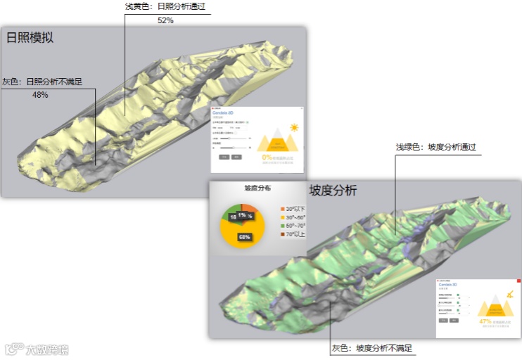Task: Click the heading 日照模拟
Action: [30, 38]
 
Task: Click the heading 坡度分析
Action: [333, 191]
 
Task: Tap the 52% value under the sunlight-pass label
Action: [165, 20]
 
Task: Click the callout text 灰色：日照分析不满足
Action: [42, 82]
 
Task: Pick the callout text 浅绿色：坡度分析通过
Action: [436, 147]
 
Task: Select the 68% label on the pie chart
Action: [246, 237]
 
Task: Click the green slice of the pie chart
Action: [229, 215]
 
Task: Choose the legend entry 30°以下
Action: [293, 209]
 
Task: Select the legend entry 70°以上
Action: [293, 235]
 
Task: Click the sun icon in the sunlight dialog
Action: [293, 128]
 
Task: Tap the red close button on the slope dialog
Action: [518, 281]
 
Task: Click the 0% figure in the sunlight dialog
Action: [266, 157]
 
